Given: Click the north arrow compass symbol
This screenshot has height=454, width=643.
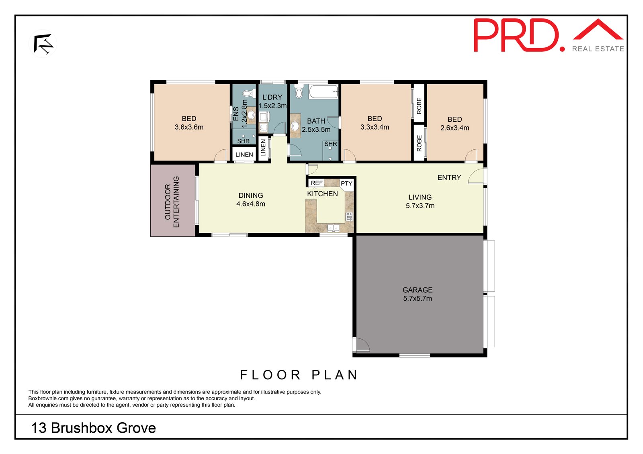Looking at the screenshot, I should click(x=43, y=44).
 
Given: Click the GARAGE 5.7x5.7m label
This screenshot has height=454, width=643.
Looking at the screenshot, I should click(x=418, y=294).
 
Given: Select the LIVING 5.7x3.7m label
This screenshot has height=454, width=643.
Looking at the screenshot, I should click(x=420, y=201).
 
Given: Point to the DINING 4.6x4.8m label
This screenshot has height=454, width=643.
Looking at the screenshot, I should click(x=251, y=200).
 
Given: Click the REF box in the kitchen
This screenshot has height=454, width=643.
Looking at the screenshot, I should click(x=316, y=183).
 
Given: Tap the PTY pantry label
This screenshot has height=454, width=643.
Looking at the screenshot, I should click(x=346, y=183).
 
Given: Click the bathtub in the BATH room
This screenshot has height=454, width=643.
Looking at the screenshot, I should click(x=324, y=92).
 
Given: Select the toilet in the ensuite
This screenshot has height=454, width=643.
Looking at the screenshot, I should click(x=248, y=94).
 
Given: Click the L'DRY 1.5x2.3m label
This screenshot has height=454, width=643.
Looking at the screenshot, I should click(x=272, y=101).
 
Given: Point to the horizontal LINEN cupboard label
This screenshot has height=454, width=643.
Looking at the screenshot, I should click(x=244, y=155).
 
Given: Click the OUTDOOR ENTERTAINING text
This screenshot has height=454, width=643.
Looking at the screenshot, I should click(x=172, y=202).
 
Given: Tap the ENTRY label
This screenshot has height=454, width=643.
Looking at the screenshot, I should click(x=449, y=177).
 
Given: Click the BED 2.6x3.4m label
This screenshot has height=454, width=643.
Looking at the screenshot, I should click(x=455, y=124).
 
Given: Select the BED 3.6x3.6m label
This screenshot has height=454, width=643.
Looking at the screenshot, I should click(x=189, y=123).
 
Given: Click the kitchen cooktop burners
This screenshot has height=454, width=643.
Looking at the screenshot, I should click(x=349, y=217).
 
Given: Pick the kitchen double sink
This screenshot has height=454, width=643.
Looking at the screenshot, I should click(x=333, y=228).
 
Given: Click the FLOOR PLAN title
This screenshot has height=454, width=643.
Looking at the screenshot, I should click(x=299, y=375).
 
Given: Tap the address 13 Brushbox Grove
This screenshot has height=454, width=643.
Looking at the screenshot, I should click(x=93, y=428).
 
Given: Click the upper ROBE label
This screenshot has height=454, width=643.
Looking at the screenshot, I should click(x=419, y=106).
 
